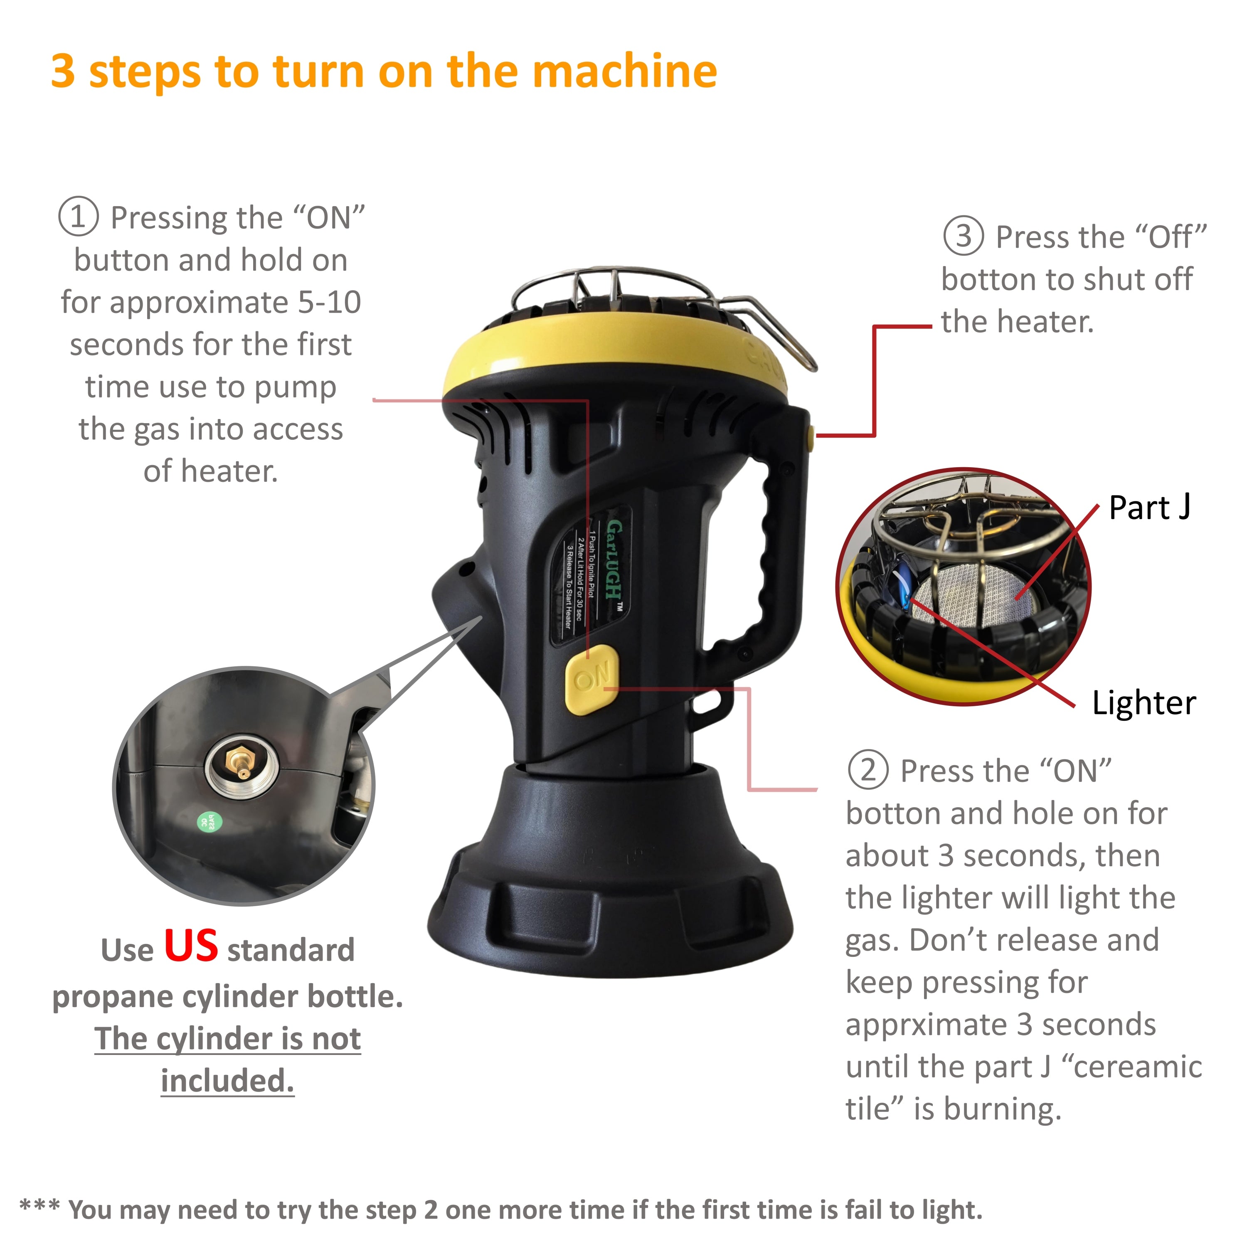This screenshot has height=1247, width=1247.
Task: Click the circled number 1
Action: pyautogui.click(x=78, y=217)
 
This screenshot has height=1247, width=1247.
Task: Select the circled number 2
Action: pyautogui.click(x=868, y=770)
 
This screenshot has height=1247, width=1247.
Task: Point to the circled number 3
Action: pyautogui.click(x=964, y=236)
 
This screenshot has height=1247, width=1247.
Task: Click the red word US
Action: pyautogui.click(x=191, y=946)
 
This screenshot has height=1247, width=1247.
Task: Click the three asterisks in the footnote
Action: pyautogui.click(x=39, y=1205)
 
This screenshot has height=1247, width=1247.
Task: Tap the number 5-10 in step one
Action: pyautogui.click(x=329, y=302)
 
